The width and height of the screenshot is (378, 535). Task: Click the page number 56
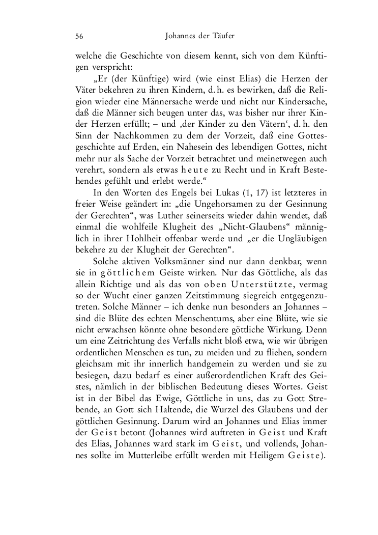click(79, 36)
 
